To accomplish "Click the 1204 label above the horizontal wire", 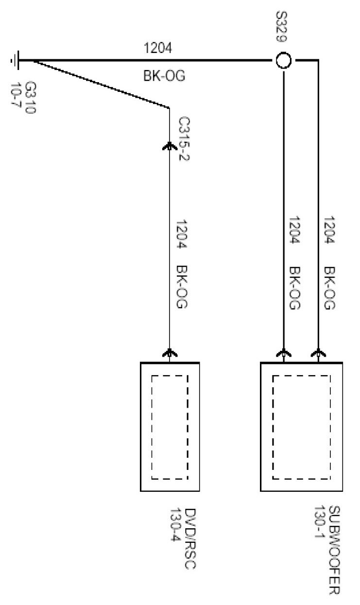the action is click(x=157, y=48).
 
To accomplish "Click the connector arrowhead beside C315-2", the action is click(x=169, y=145).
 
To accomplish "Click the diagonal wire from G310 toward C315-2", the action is click(x=97, y=83).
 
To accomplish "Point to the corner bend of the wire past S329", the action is click(x=318, y=61).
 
